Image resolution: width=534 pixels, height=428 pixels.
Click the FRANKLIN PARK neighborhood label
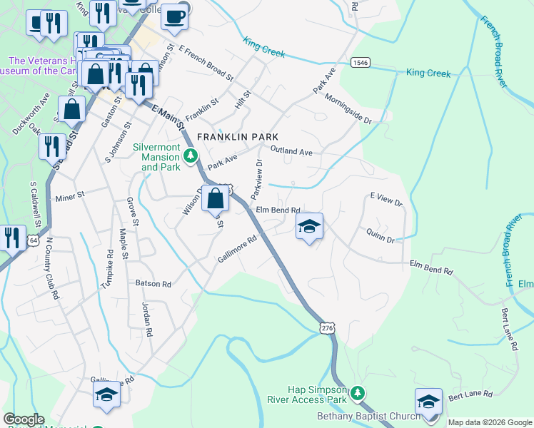point(237,136)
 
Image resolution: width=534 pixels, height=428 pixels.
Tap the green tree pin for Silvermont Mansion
point(190,155)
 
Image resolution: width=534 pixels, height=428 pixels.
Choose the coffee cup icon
point(173,16)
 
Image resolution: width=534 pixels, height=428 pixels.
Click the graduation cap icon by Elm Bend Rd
point(308,227)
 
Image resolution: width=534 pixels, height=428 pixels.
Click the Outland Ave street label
point(291,151)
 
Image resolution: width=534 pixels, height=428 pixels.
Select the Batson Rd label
point(153,284)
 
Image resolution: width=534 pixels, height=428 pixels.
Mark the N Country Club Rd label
point(51,267)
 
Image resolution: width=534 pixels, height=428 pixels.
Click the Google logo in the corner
point(23,419)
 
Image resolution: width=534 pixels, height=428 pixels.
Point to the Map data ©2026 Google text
point(489,422)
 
